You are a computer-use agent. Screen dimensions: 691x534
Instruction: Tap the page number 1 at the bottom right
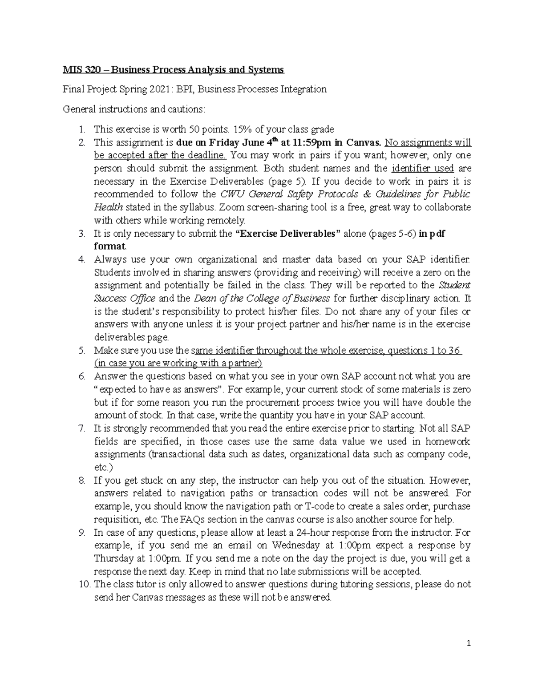point(469,643)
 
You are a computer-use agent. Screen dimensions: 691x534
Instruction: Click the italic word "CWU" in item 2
point(231,194)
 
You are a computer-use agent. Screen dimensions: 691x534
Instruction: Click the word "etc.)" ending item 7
point(104,468)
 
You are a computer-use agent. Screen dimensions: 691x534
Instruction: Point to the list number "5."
point(81,351)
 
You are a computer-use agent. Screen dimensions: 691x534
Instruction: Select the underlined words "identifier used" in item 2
point(422,169)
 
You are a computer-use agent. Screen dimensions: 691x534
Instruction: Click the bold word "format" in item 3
point(109,246)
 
